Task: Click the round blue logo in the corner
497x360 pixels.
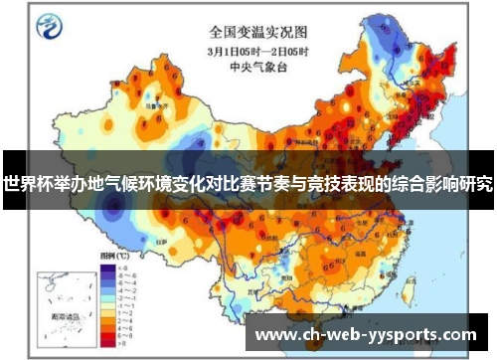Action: (48, 29)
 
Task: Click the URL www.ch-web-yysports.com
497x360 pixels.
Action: (366, 335)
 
